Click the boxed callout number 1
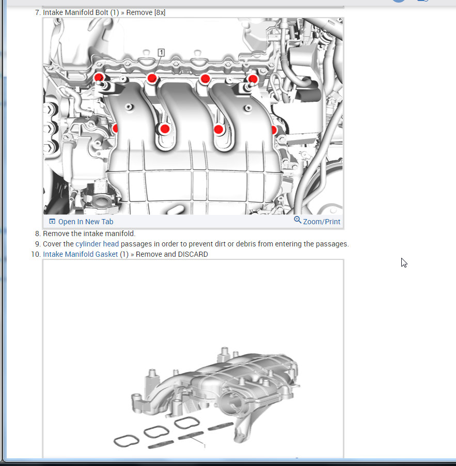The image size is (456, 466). tap(161, 53)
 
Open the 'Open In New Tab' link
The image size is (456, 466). tap(86, 222)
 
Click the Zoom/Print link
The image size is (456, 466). tap(321, 222)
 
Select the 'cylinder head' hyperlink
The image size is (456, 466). tap(97, 244)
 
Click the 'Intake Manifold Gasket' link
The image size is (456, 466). tap(81, 254)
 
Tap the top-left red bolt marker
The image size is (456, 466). tap(98, 78)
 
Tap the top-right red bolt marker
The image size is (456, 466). tap(253, 79)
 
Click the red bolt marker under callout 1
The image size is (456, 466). tap(152, 79)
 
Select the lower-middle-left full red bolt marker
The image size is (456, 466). tap(164, 129)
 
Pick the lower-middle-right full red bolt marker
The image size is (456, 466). tap(218, 130)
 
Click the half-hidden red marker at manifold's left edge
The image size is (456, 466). tap(115, 129)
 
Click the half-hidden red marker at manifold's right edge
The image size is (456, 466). tap(274, 130)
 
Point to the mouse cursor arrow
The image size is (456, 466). tap(403, 262)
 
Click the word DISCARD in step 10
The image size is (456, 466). tap(193, 254)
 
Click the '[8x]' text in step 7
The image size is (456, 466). tap(160, 13)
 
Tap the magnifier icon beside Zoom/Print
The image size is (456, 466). tap(297, 220)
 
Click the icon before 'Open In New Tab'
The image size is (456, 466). tap(52, 222)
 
